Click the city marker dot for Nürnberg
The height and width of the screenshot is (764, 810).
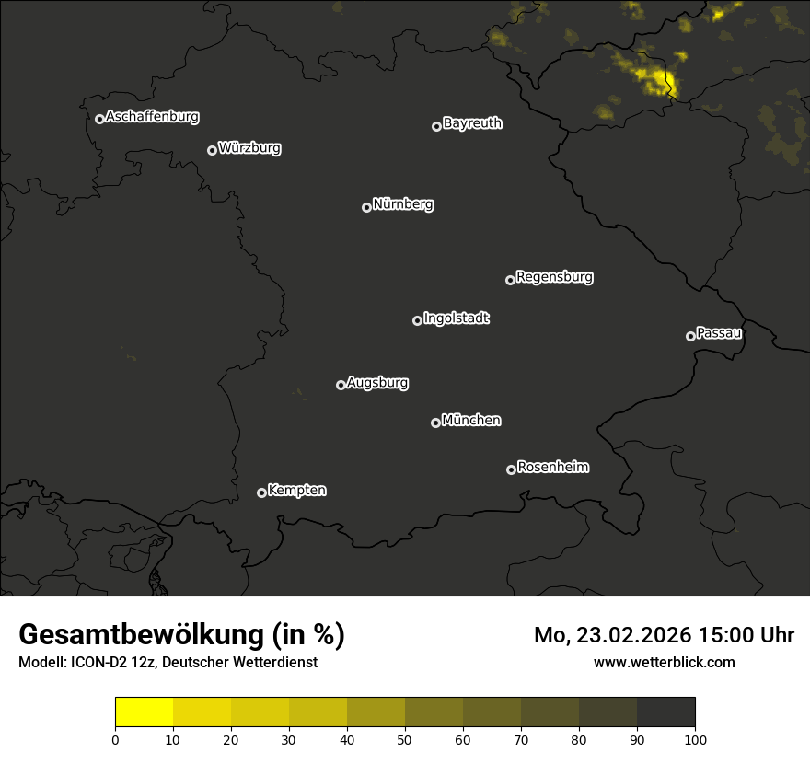366,207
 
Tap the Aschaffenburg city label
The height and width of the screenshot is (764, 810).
152,117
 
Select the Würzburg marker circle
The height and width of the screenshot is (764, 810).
212,150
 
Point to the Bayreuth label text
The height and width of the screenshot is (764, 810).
472,123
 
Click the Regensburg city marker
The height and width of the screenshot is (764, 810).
510,280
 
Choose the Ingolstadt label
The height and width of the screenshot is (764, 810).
456,318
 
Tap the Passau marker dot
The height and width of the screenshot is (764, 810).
690,336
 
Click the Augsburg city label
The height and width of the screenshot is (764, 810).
377,383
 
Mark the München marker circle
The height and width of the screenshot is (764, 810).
435,423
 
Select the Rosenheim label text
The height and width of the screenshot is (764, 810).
552,468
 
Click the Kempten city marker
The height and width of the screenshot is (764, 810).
261,492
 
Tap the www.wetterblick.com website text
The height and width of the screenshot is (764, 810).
664,662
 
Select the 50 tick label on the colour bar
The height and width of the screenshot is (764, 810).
405,739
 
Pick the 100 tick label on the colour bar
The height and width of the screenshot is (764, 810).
695,739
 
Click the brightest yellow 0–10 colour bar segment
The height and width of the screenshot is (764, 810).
145,712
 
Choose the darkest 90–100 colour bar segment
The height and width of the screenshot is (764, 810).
665,712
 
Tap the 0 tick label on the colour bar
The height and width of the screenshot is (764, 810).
115,739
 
